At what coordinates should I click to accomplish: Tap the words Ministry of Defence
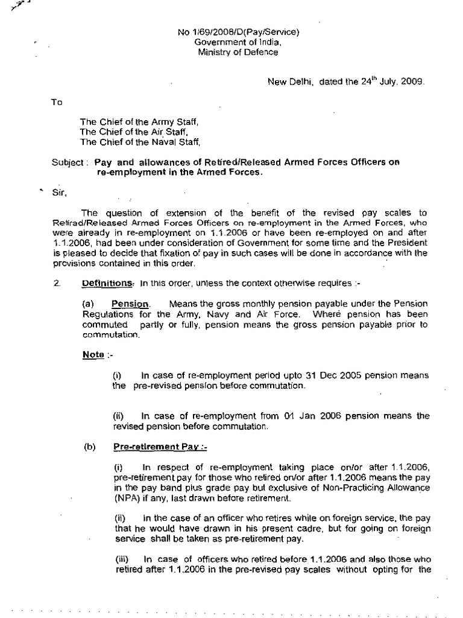point(238,52)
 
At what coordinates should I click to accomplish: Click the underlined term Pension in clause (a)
point(130,304)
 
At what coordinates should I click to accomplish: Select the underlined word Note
point(93,354)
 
